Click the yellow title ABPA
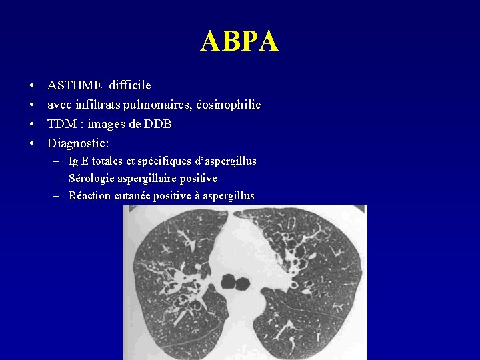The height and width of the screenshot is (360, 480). (x=239, y=41)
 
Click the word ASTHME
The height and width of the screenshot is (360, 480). (x=75, y=85)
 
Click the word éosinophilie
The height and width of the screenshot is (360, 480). (x=229, y=105)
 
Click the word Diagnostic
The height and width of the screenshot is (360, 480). (x=77, y=143)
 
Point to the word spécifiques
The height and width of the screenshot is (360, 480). (x=165, y=161)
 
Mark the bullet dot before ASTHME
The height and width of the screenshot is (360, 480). (x=32, y=86)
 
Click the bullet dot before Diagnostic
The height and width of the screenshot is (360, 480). (x=32, y=144)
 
